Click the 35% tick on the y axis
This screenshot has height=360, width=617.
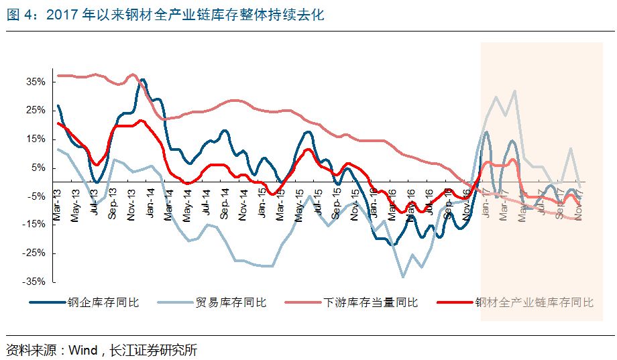pyautogui.click(x=36, y=82)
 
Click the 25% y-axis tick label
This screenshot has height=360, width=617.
pyautogui.click(x=36, y=110)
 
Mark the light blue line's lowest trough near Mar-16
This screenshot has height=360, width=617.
pyautogui.click(x=403, y=276)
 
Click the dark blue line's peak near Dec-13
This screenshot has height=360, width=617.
pyautogui.click(x=142, y=80)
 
